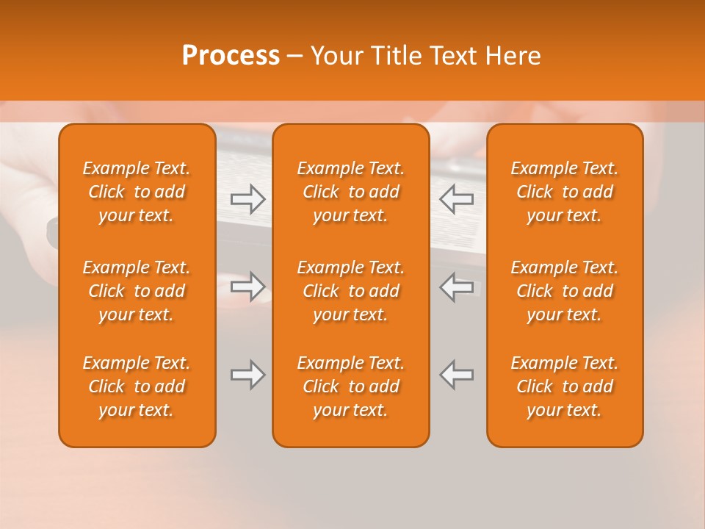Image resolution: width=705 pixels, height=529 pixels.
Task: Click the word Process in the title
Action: pos(231,56)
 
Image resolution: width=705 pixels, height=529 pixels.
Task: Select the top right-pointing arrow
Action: pos(247,199)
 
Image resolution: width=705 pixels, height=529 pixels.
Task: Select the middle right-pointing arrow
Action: pos(247,287)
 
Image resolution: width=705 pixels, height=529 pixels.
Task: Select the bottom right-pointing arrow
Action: pos(247,375)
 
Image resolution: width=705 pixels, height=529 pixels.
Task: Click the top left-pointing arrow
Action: pos(457,199)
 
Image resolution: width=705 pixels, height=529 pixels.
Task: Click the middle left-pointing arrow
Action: pos(457,287)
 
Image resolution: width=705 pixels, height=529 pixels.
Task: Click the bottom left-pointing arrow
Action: pos(457,375)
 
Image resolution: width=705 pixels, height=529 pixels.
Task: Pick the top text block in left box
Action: pos(137,192)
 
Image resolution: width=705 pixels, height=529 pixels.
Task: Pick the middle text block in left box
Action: pos(137,291)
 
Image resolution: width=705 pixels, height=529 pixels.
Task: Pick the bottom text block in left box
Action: pos(137,386)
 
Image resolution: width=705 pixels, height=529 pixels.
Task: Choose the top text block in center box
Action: pos(350,192)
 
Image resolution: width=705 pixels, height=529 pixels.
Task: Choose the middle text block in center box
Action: pos(350,291)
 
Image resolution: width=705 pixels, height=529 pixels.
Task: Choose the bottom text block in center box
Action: pos(350,386)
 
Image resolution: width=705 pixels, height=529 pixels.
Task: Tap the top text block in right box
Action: pos(564,192)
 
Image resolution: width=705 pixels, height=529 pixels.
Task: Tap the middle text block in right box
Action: pos(564,291)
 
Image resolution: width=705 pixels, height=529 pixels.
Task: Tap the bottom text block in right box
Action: pos(564,386)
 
